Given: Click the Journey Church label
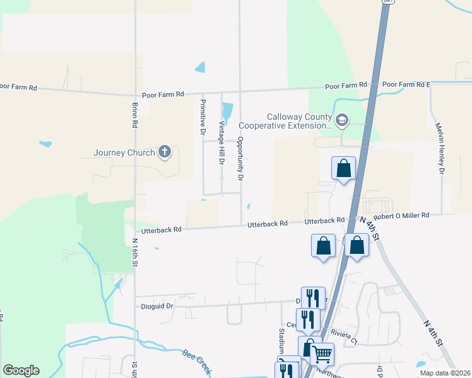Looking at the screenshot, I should point(124,152).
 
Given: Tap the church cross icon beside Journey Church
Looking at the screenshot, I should point(165,152).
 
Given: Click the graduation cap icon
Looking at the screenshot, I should point(341,120).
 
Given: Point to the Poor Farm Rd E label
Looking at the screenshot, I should point(406,84).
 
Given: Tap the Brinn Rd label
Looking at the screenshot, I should point(135,115).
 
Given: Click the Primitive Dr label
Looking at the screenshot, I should point(203,117).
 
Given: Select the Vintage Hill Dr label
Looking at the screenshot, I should point(221,143).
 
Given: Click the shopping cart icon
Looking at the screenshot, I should point(322,355).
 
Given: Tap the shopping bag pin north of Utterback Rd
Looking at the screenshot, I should point(343,168).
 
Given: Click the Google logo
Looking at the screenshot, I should point(21,370).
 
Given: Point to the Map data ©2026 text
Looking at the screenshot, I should point(445,373).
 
